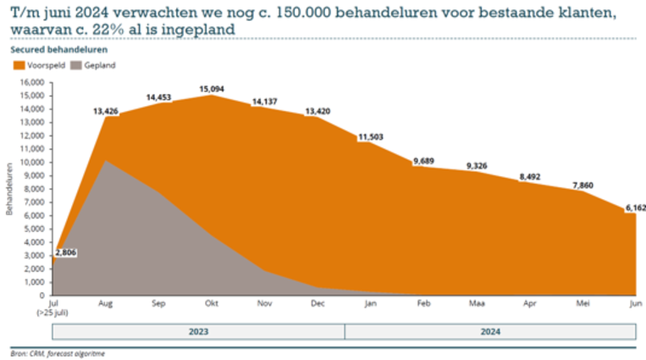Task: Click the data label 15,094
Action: (212, 88)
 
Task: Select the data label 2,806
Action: (66, 253)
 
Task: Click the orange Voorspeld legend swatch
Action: (19, 65)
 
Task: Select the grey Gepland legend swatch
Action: (75, 65)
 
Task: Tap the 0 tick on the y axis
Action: (40, 296)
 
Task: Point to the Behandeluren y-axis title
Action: (9, 189)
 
